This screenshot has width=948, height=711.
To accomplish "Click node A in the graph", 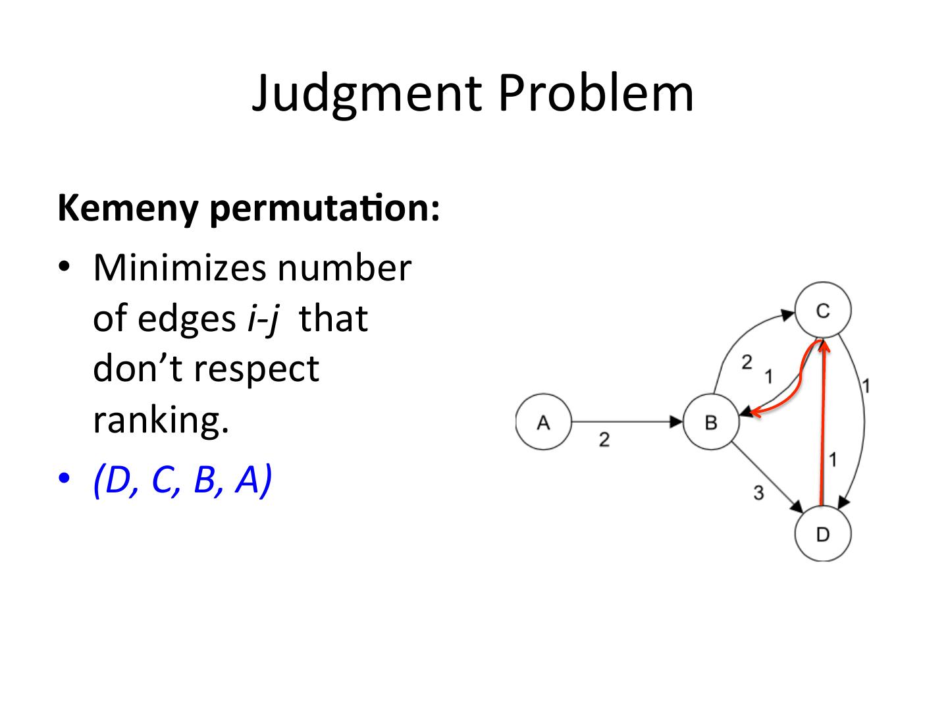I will (x=543, y=422).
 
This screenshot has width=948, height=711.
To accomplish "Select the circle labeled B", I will (x=711, y=422).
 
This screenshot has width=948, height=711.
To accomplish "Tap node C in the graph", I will (x=823, y=310).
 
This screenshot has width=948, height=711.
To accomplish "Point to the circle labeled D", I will (x=823, y=534).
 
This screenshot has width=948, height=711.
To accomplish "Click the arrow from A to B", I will (x=625, y=421).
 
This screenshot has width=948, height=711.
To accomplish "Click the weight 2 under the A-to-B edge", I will (x=604, y=440).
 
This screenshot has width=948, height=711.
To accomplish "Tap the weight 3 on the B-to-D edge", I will (x=758, y=492).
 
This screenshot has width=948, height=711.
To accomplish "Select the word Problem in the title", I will (x=595, y=93).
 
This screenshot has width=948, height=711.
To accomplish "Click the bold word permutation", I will (x=324, y=209).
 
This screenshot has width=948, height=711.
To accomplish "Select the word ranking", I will (x=161, y=420).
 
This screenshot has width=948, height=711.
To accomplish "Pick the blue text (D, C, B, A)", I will (x=182, y=481).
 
